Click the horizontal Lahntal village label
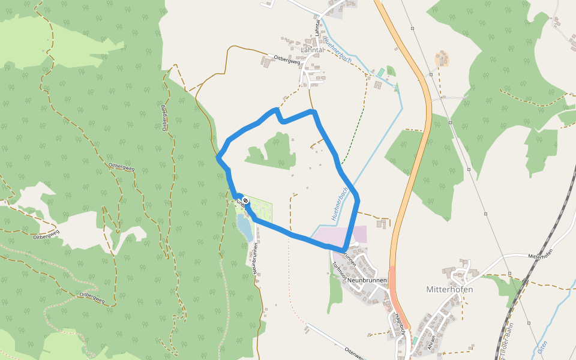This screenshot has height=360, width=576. coord(313,50)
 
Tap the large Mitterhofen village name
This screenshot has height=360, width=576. coord(449,289)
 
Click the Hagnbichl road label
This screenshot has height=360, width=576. coord(400,324)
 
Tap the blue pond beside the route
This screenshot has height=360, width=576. coord(245,227)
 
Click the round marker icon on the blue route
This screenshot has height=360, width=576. coord(245,200)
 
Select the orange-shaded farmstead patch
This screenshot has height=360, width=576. coord(443,59)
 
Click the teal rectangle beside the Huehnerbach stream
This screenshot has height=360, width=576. coord(380,72)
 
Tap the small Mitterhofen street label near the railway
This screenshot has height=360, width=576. coord(539,256)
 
